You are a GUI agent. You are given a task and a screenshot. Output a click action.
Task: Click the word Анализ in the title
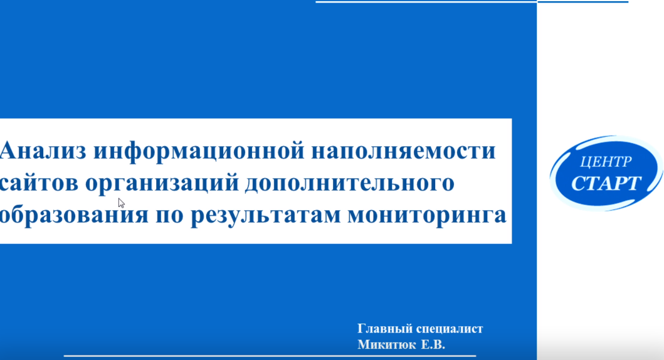[x=43, y=151]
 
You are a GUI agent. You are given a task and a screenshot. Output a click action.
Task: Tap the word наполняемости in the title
[x=403, y=151]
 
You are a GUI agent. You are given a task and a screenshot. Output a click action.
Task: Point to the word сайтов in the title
[x=39, y=183]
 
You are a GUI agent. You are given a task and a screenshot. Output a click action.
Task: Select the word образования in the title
[x=74, y=214]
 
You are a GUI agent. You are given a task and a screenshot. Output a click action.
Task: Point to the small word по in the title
[x=169, y=216]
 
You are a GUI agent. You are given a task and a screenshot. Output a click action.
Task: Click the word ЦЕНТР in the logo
[x=606, y=161]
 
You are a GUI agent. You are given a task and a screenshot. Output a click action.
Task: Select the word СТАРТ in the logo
[x=606, y=183]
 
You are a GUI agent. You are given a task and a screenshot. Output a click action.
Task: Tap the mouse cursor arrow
[x=121, y=203]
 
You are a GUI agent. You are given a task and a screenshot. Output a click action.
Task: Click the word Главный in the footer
[x=385, y=329]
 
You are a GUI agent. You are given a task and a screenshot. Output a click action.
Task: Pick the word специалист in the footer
[x=450, y=329]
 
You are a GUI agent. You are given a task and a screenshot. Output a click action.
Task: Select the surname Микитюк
[x=387, y=345]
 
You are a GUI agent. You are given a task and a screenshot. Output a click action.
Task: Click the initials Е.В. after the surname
[x=433, y=345]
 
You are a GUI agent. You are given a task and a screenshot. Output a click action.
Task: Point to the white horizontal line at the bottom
[x=270, y=356]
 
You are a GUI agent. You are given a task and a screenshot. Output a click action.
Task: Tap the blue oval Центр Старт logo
[x=606, y=173]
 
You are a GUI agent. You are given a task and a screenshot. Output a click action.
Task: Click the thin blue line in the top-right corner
[x=582, y=2]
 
